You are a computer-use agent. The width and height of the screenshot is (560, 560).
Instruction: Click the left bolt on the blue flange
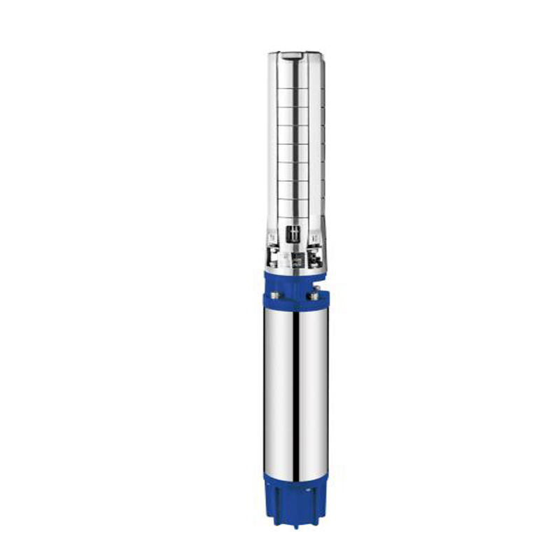275,295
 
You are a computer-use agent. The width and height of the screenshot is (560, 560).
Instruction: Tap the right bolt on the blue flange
314,296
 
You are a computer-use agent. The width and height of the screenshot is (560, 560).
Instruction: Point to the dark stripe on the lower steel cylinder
296,392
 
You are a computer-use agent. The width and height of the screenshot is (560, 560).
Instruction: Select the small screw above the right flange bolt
317,287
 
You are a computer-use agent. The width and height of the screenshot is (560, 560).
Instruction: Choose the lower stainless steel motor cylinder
296,392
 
